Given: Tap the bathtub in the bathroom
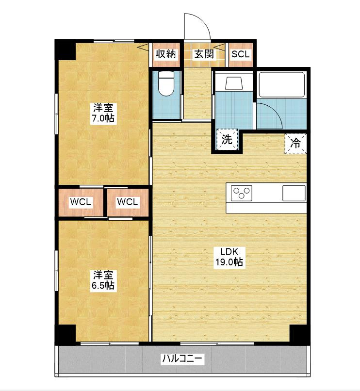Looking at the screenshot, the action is click(x=282, y=84).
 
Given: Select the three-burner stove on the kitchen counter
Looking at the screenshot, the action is click(x=241, y=193).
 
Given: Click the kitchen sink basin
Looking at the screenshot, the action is click(x=294, y=193).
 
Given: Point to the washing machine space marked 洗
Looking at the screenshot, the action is click(x=227, y=139).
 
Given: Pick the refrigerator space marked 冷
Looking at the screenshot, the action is click(x=295, y=144).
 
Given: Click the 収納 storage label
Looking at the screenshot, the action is click(x=166, y=54).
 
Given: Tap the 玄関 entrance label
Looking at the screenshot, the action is click(x=204, y=54).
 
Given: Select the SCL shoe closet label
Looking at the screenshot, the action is click(x=241, y=54).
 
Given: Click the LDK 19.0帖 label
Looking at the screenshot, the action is click(x=229, y=257).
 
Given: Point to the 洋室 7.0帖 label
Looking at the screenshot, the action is click(x=103, y=113).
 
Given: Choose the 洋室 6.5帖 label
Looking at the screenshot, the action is click(x=103, y=280).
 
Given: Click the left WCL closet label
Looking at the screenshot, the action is click(x=81, y=202).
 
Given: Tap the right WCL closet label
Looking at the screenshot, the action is click(x=127, y=202).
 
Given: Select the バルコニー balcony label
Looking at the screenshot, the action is click(x=182, y=359).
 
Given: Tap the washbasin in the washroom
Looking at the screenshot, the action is click(x=234, y=83).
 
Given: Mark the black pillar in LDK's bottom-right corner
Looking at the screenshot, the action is click(x=299, y=334).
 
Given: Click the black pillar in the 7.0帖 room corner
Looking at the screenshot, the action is click(x=65, y=50).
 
